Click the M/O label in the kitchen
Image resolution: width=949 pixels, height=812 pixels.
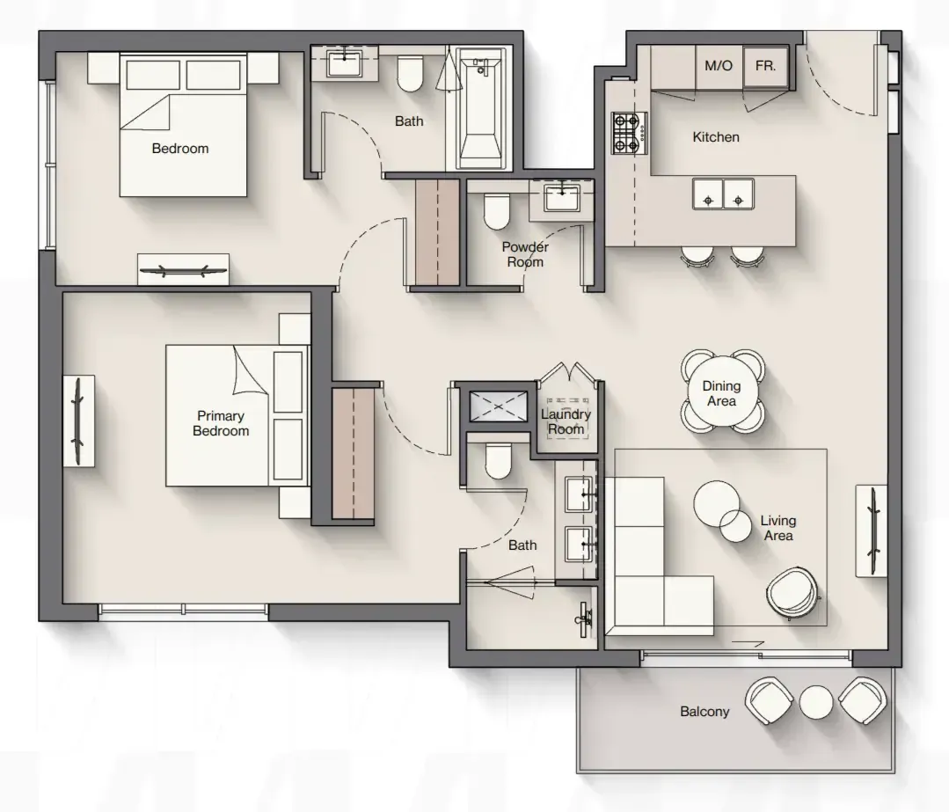tap(719, 65)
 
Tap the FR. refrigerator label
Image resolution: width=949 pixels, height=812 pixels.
tap(765, 65)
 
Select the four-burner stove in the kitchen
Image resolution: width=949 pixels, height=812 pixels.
tap(629, 133)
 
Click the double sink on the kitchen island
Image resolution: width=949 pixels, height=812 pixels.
tap(723, 194)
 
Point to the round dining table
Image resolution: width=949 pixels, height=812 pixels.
tap(722, 392)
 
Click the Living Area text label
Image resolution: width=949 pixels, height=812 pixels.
tap(778, 528)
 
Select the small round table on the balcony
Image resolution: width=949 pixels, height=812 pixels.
tap(816, 702)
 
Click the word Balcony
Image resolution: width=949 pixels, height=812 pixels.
tap(704, 712)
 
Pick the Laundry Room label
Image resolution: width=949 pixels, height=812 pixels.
tap(566, 421)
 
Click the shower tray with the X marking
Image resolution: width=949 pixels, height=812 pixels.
tap(498, 406)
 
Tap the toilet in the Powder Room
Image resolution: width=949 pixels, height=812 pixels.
tap(497, 211)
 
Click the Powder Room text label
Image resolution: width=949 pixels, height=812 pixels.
tap(525, 254)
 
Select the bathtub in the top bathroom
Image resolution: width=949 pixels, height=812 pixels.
tap(480, 109)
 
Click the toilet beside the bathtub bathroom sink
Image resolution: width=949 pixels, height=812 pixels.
tap(411, 74)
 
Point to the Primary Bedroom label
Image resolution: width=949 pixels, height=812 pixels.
tap(221, 423)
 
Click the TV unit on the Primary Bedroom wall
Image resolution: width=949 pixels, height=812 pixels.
tap(78, 421)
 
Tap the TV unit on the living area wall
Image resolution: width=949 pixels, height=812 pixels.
tap(871, 530)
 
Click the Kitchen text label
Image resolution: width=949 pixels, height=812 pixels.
tap(716, 137)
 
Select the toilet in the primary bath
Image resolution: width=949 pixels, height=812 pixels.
tap(498, 461)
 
